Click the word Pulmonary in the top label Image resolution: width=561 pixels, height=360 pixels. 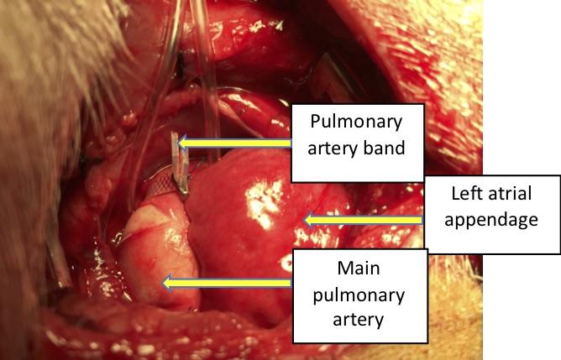[346, 119]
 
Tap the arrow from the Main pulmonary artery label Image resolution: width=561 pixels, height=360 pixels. [227, 283]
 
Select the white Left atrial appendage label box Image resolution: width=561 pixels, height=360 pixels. [491, 214]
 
